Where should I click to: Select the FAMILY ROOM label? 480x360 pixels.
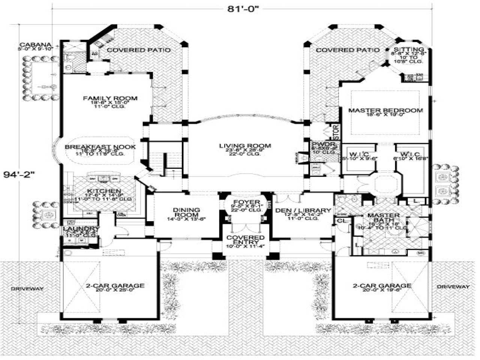pos(110,99)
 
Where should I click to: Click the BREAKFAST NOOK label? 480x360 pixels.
pos(100,147)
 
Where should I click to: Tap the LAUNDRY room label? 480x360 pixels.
pos(81,229)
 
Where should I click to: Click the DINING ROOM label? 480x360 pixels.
pos(186,213)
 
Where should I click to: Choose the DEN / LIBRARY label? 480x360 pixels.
pos(303,211)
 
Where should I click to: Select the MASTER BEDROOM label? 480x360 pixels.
pos(385,111)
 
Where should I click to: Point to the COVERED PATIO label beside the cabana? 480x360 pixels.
pos(139,50)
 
